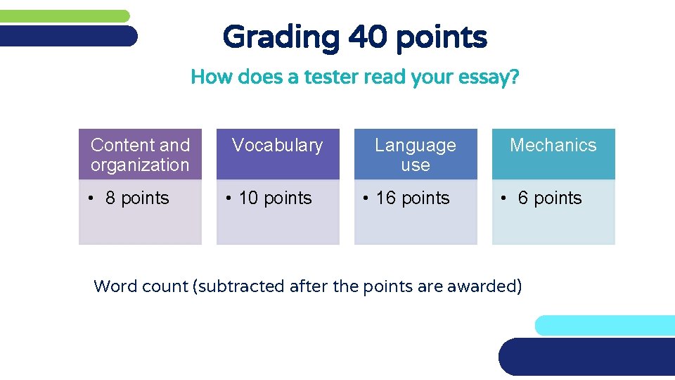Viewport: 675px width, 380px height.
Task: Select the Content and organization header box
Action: pos(140,155)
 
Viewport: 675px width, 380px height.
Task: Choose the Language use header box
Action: pos(415,155)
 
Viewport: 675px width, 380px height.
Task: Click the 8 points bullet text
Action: pos(137,198)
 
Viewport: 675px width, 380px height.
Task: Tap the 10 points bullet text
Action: pos(275,198)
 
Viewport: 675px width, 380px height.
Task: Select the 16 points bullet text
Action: pos(413,198)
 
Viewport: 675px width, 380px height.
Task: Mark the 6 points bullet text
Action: pos(550,198)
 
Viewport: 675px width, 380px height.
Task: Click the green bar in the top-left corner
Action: pos(63,15)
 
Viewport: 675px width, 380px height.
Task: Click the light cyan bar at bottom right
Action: pos(605,325)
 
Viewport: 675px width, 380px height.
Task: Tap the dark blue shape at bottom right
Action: pos(587,357)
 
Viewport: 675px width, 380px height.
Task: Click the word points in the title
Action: pos(441,37)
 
